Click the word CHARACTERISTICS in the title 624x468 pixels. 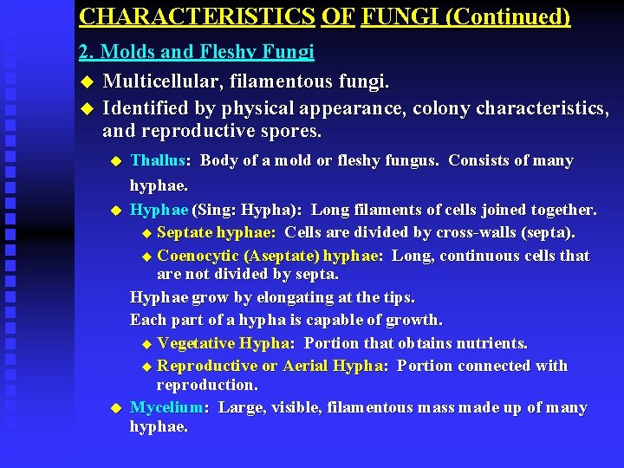point(197,16)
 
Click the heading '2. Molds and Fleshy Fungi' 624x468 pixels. point(196,52)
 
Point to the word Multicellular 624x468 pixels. point(159,81)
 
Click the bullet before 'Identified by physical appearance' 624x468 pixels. point(85,109)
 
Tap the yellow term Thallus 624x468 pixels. point(157,160)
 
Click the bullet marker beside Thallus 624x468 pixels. point(114,161)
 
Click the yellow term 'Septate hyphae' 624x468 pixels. point(216,232)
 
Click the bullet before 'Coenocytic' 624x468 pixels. point(146,257)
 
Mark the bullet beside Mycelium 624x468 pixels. point(114,408)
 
